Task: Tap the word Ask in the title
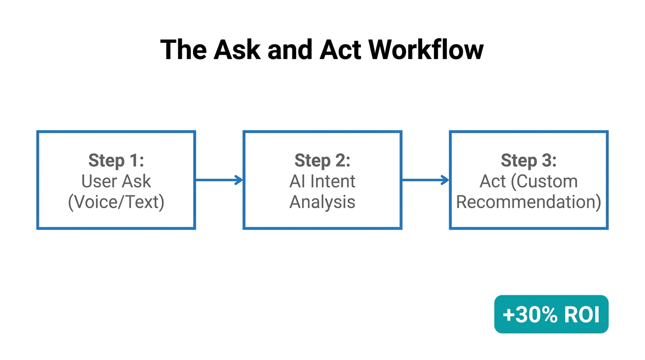click(237, 49)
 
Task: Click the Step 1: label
click(116, 160)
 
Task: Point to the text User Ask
click(116, 181)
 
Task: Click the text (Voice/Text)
click(116, 202)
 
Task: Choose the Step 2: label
click(322, 160)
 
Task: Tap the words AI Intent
click(322, 181)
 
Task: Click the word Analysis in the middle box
click(322, 202)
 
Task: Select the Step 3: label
click(528, 160)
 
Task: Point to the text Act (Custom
click(528, 181)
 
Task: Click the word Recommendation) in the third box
click(528, 202)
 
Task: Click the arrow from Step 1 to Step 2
click(218, 180)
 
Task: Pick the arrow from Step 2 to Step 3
click(425, 180)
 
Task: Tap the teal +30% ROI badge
click(551, 314)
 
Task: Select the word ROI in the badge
click(582, 315)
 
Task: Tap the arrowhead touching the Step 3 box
click(445, 180)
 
